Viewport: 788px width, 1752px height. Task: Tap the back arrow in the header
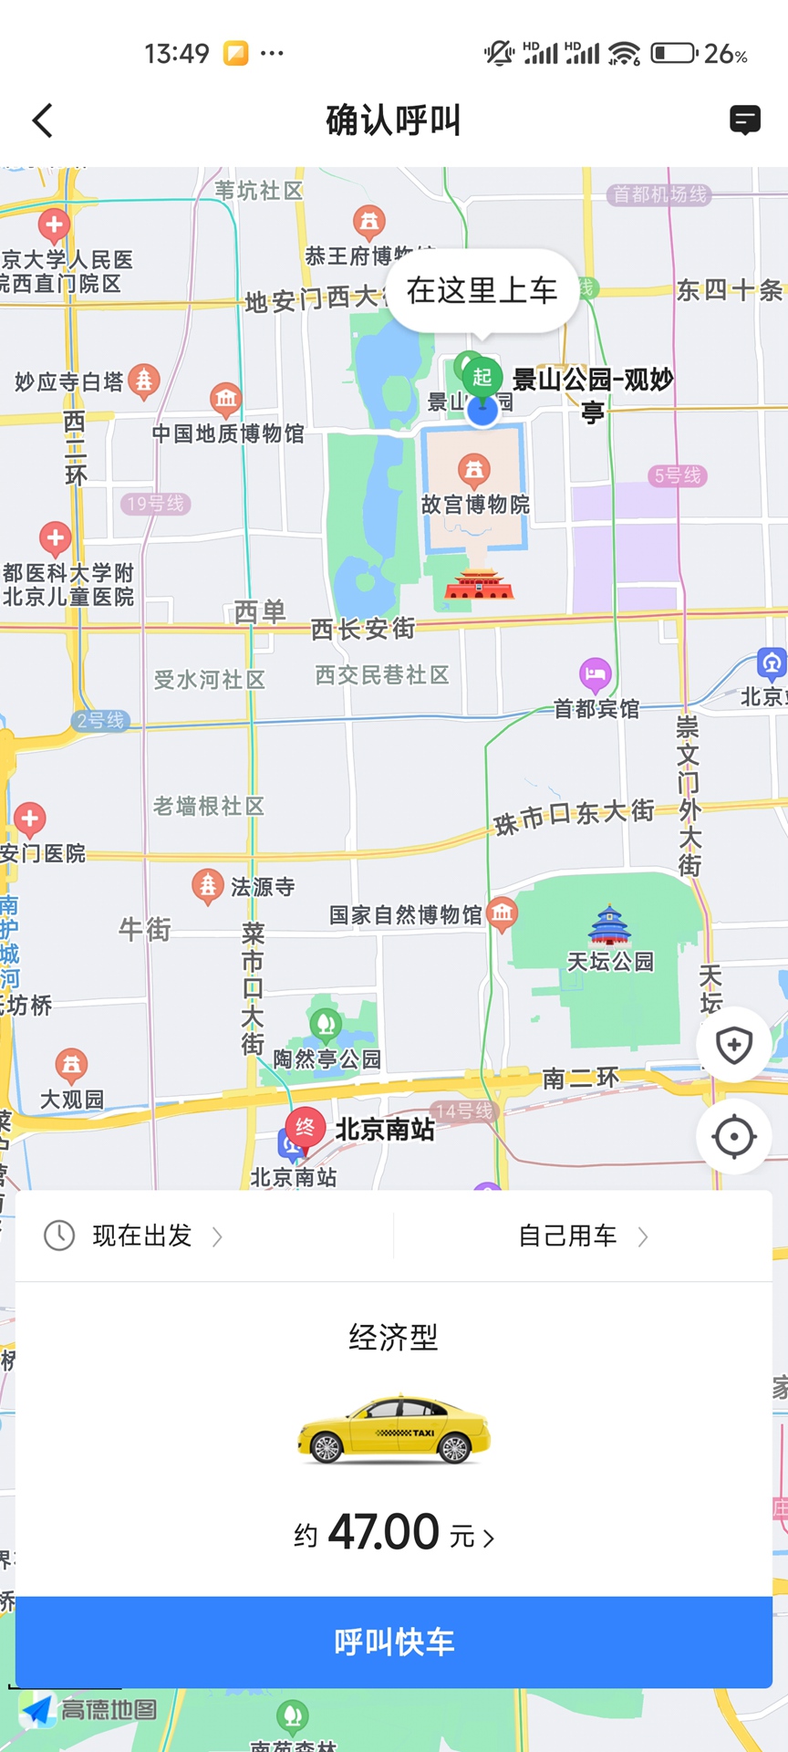[x=43, y=120]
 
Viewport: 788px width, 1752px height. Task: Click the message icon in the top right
[x=745, y=120]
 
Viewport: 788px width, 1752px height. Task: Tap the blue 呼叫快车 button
[x=394, y=1642]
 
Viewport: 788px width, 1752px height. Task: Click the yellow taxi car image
[x=394, y=1430]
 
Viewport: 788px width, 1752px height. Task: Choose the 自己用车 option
[x=582, y=1236]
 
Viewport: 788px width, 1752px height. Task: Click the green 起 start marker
[x=482, y=377]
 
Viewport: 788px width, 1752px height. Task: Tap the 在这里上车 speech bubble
[x=482, y=291]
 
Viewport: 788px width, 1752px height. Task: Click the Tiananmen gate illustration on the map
[x=479, y=585]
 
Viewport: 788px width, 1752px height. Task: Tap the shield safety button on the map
[x=734, y=1045]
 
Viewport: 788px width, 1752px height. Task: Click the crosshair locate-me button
[x=734, y=1137]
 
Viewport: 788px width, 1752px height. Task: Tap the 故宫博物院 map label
[x=475, y=505]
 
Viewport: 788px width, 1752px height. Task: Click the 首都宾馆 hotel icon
[x=595, y=675]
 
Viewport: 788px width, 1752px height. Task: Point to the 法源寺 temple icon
[x=208, y=885]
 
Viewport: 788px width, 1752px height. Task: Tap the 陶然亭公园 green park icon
[x=326, y=1025]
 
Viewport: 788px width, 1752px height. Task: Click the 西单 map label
[x=260, y=611]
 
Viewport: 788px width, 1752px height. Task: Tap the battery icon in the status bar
[x=674, y=53]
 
